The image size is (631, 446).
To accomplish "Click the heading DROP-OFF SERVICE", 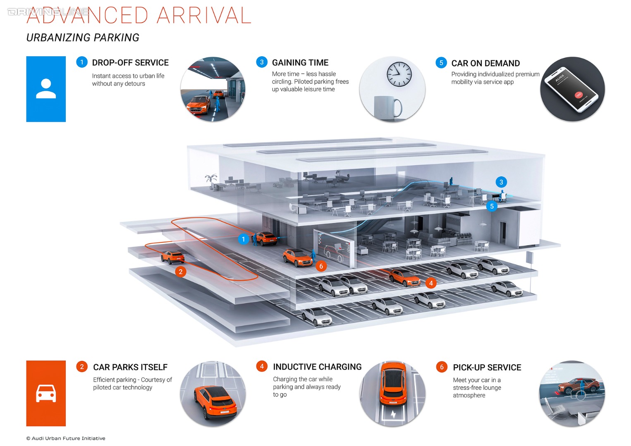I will (x=130, y=63).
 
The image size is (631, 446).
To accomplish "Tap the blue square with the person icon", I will (x=46, y=89).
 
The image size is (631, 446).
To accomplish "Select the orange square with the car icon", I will (x=46, y=393).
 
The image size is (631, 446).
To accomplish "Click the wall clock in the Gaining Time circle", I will (x=399, y=74).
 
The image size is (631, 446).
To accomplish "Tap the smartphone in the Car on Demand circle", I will (x=571, y=89).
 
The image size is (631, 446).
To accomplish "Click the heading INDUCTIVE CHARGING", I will (x=317, y=367).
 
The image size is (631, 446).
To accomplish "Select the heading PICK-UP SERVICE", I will (x=487, y=368).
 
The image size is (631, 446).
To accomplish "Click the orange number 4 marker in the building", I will (x=431, y=283).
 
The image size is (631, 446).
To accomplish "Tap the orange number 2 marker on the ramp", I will (x=180, y=272).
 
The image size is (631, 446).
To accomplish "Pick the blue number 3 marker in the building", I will (x=501, y=182).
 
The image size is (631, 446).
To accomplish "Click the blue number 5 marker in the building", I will (x=492, y=206).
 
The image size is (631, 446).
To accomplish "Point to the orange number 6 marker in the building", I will (x=321, y=266).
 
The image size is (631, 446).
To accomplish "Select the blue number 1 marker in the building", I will (x=243, y=239).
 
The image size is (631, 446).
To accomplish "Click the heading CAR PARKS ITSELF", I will (x=130, y=367).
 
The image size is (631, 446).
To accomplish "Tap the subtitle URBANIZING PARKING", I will (x=83, y=38).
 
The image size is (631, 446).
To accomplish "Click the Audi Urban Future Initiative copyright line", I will (x=66, y=438).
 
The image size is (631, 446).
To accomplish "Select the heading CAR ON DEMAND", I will (x=485, y=63).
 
